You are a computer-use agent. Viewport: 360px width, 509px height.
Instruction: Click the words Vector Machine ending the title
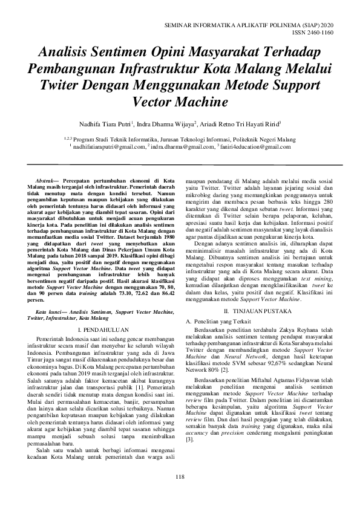179,99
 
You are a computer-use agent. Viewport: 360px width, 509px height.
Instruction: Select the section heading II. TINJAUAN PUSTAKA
259,293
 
